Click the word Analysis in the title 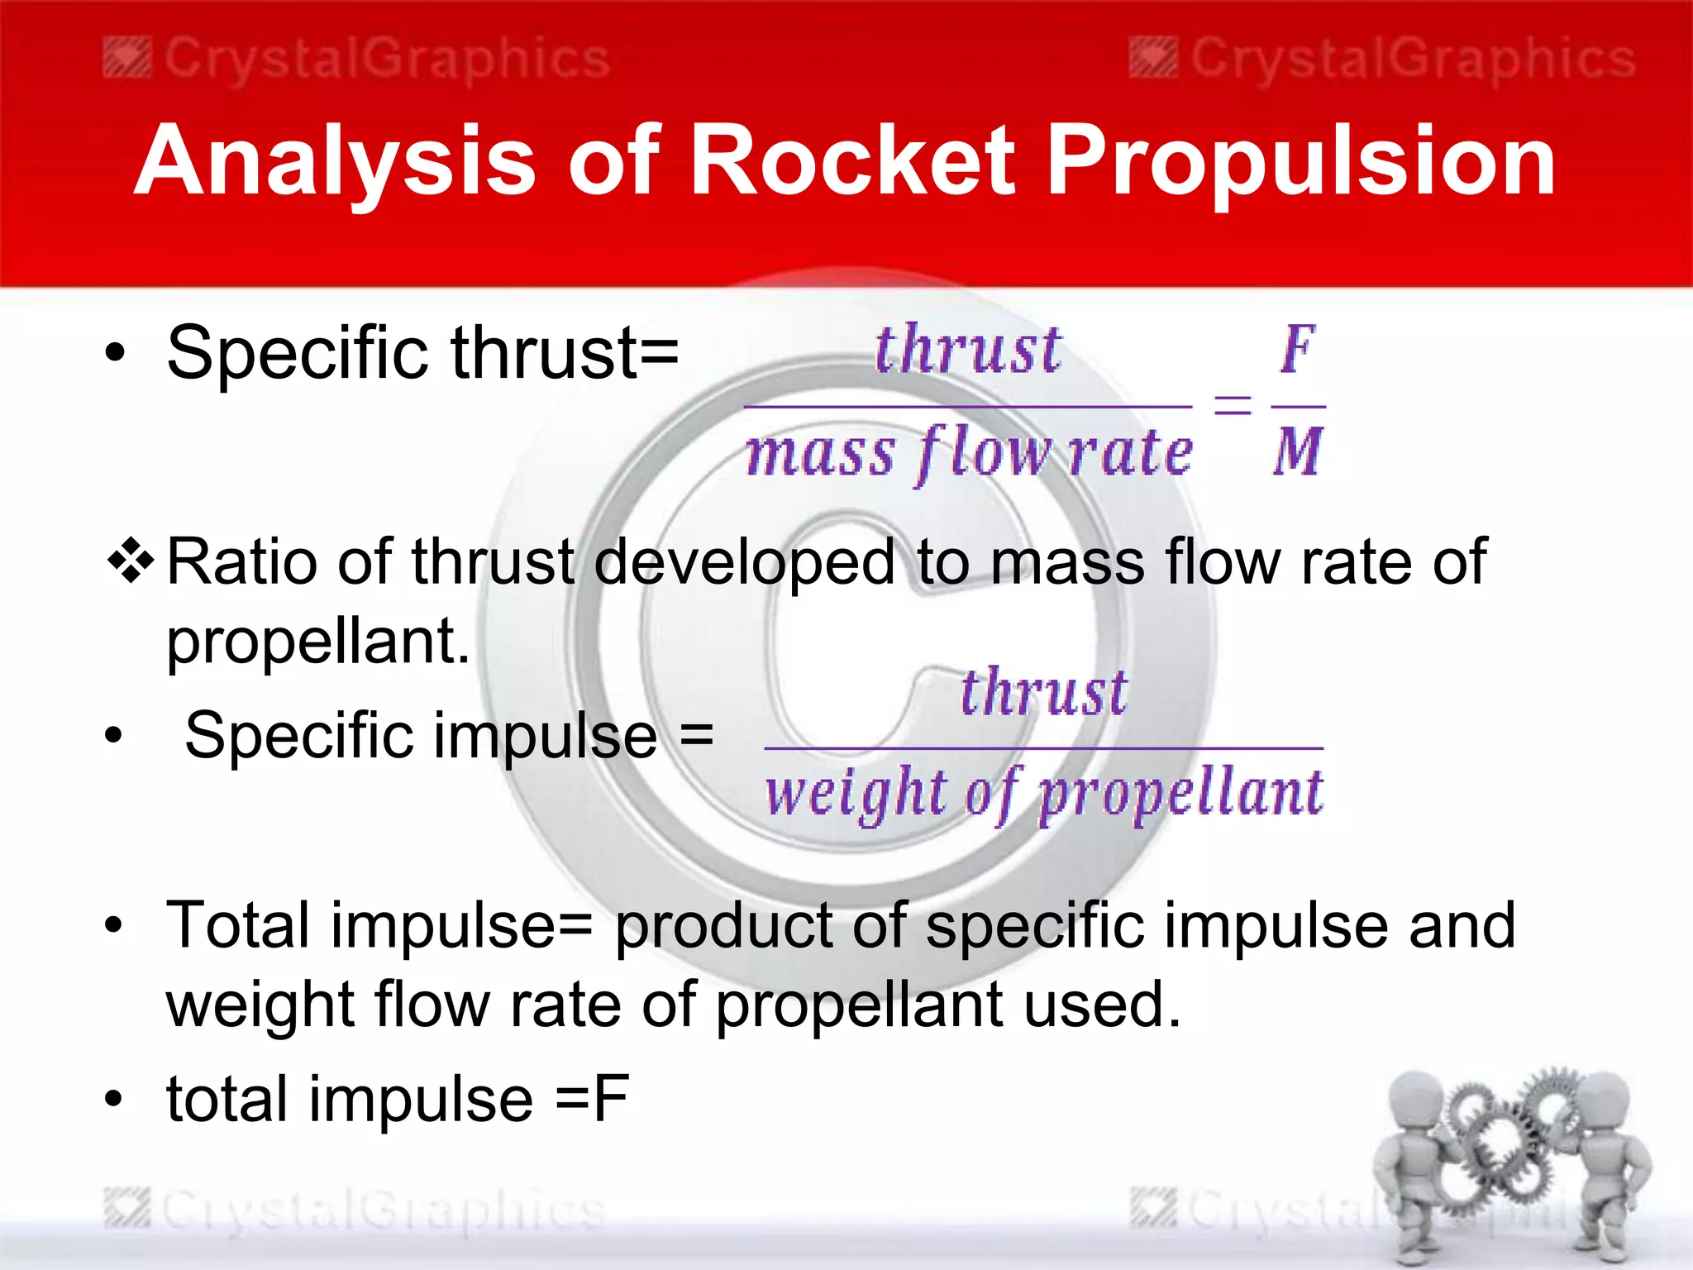[335, 161]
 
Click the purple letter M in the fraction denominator [1298, 452]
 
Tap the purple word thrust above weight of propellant [1043, 692]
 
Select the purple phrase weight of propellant [1043, 794]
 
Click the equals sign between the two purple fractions [1232, 405]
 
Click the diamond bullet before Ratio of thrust [131, 563]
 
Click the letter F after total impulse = [611, 1100]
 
